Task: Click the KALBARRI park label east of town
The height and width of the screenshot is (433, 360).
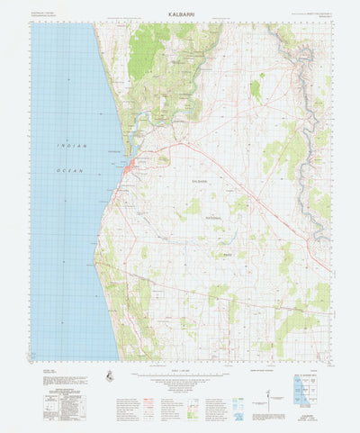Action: click(x=199, y=182)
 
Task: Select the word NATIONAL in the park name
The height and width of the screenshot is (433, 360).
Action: click(x=214, y=217)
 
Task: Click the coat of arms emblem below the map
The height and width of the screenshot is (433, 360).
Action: click(x=109, y=375)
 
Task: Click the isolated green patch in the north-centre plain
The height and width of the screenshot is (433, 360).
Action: click(x=256, y=89)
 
